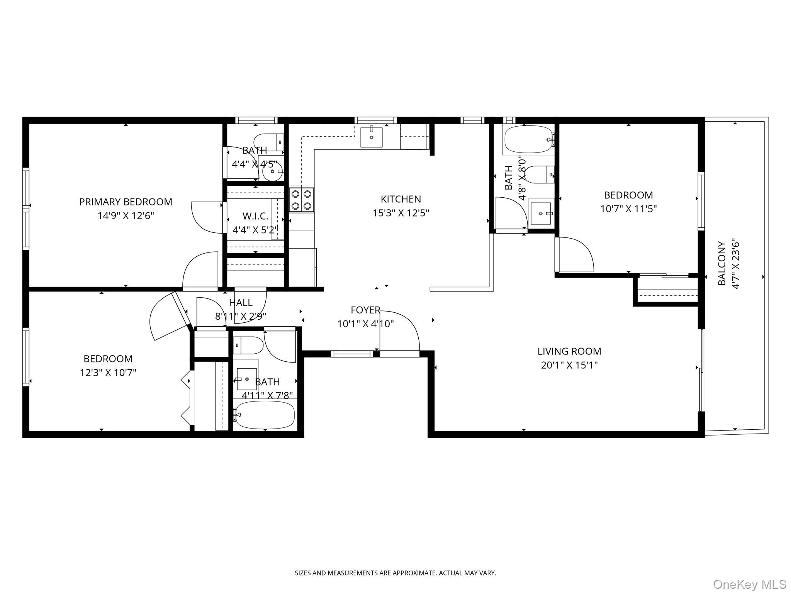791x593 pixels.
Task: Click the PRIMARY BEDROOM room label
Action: pos(126,202)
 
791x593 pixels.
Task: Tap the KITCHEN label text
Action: pos(401,199)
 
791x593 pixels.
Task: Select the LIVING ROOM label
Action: pos(569,351)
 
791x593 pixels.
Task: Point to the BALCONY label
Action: pos(722,263)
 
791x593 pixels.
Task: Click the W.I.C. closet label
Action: pos(255,216)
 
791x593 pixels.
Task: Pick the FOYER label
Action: pos(365,310)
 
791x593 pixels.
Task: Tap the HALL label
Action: pos(241,303)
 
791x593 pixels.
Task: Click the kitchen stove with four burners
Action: pos(302,199)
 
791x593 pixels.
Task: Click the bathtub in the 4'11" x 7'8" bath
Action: pos(265,415)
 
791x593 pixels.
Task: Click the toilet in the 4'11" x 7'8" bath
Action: pos(248,345)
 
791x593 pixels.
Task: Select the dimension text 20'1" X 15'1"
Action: pos(569,365)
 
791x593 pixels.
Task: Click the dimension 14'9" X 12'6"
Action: pos(126,216)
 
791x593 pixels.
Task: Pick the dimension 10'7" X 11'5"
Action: pos(628,209)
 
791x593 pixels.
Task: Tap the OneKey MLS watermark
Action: pos(750,584)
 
